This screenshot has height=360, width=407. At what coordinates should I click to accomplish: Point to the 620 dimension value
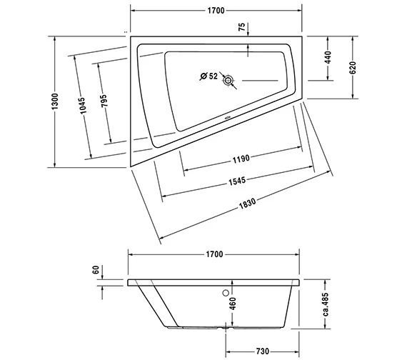(x=353, y=69)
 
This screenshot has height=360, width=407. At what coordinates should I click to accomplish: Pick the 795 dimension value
(x=104, y=101)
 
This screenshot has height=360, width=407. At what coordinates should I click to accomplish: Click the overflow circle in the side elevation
(x=228, y=291)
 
